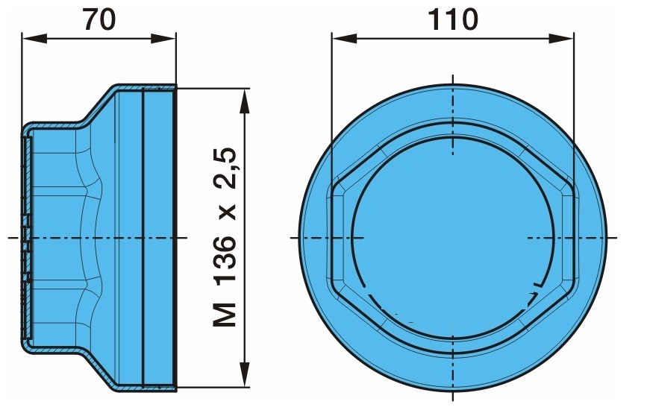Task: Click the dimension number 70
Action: pyautogui.click(x=99, y=19)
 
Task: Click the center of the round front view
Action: pyautogui.click(x=453, y=237)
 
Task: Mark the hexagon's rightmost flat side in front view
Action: pyautogui.click(x=575, y=237)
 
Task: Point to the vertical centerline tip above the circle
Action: pyautogui.click(x=453, y=75)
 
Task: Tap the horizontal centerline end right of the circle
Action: pyautogui.click(x=616, y=237)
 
